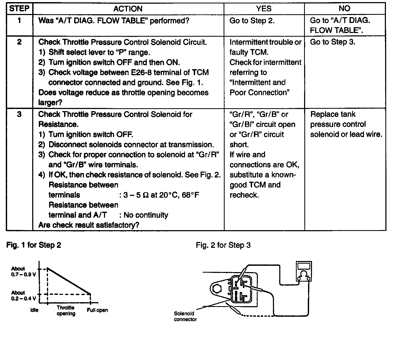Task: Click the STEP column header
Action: pos(19,9)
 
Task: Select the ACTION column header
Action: pos(128,9)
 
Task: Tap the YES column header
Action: pos(264,9)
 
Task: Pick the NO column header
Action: pos(344,9)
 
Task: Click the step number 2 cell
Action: pos(19,42)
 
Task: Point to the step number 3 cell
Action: pos(19,115)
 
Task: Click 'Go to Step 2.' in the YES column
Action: pos(252,21)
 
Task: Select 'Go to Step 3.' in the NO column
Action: pos(333,42)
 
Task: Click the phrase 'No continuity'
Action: pos(146,215)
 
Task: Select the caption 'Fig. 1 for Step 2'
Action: pos(34,245)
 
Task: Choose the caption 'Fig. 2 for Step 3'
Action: pos(223,245)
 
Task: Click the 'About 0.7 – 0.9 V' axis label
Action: pos(23,272)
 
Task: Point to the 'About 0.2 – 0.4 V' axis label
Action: pos(23,296)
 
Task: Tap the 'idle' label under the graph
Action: pos(34,310)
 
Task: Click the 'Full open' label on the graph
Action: pos(97,310)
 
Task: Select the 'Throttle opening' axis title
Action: pos(66,311)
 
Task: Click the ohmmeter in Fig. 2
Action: pos(304,272)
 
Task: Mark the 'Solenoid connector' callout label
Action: pos(185,316)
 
